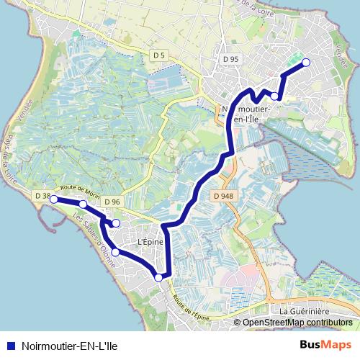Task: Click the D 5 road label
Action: tap(159, 55)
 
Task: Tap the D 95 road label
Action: tap(230, 58)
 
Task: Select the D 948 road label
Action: tap(222, 195)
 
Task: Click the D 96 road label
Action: tap(111, 202)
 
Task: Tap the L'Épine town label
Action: tap(150, 242)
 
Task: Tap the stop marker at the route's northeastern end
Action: tap(305, 63)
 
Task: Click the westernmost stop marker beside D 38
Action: tap(53, 199)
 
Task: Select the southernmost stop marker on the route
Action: tap(159, 277)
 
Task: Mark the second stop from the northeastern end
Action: tap(274, 96)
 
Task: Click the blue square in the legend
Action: tap(11, 344)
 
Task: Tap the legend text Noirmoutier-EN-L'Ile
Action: tap(70, 344)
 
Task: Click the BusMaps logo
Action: tap(325, 343)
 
